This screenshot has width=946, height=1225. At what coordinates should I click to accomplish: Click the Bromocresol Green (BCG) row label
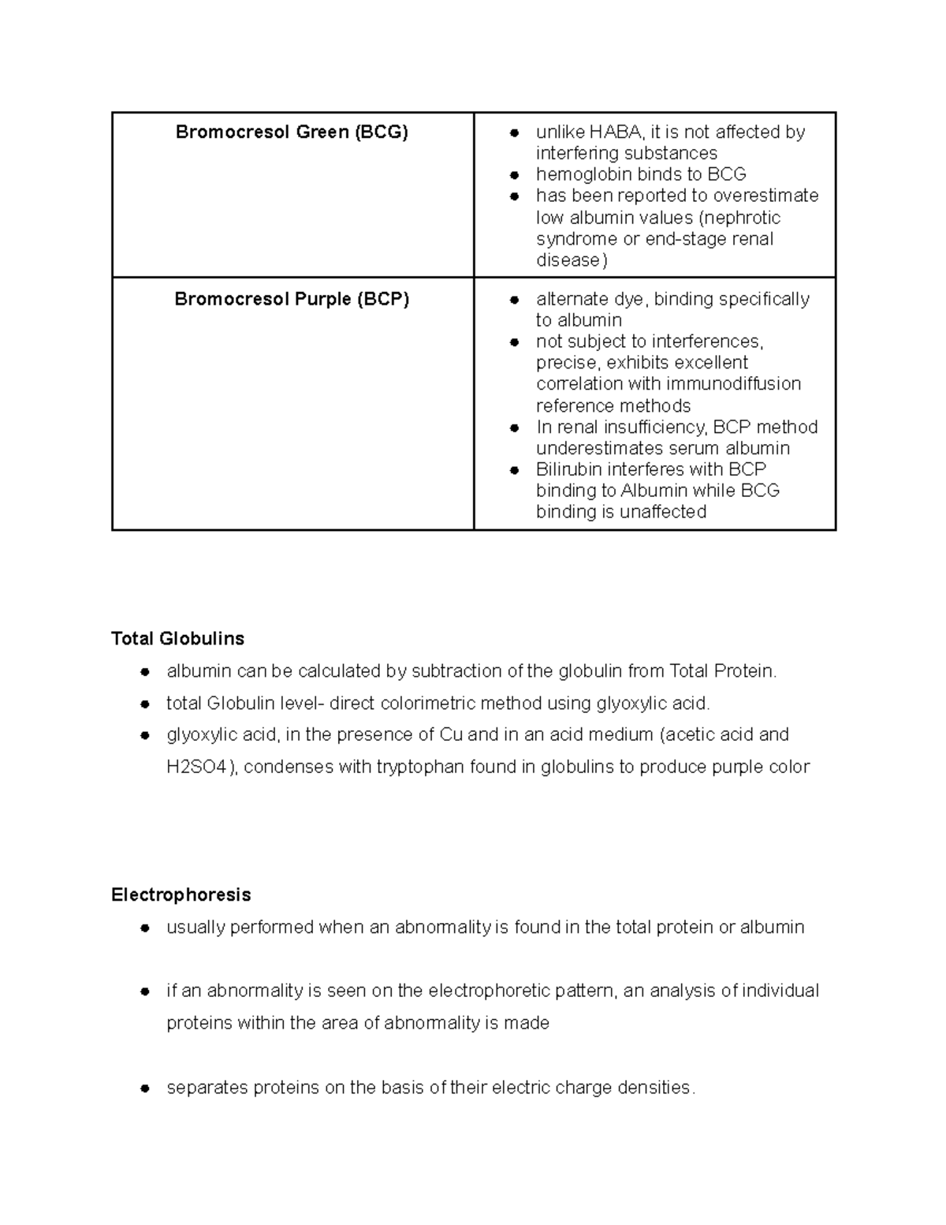point(292,132)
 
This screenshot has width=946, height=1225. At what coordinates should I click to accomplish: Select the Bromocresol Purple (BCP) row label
point(292,299)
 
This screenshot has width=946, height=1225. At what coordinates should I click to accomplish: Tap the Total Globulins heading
point(177,638)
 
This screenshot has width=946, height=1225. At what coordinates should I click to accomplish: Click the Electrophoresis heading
point(181,894)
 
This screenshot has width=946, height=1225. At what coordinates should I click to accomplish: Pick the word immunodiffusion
point(733,384)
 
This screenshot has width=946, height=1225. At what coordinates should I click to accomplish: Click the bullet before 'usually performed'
point(145,928)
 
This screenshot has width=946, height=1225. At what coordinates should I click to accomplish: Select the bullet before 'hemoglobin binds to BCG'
point(514,175)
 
